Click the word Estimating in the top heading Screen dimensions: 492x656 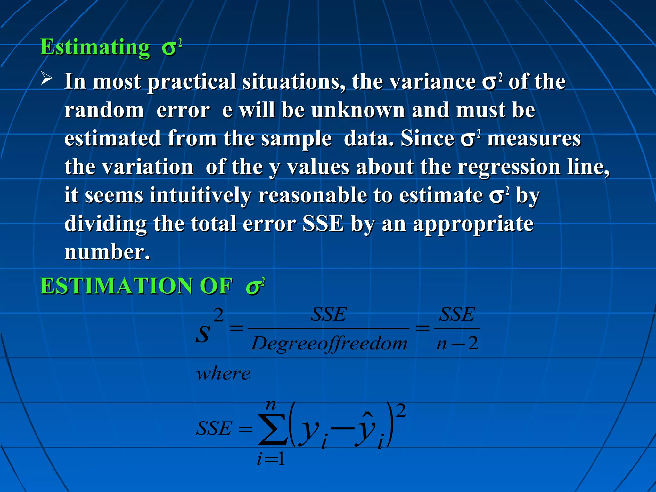pyautogui.click(x=95, y=47)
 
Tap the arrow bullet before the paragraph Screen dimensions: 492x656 pyautogui.click(x=47, y=78)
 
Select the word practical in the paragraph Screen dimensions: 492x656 pyautogui.click(x=191, y=82)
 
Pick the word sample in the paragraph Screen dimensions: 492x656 pyautogui.click(x=296, y=139)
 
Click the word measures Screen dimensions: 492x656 pyautogui.click(x=534, y=139)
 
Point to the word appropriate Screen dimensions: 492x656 pyautogui.click(x=473, y=224)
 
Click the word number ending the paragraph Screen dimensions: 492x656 pyautogui.click(x=107, y=252)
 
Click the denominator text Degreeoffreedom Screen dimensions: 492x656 pyautogui.click(x=329, y=344)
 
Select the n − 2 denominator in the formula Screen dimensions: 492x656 pyautogui.click(x=457, y=344)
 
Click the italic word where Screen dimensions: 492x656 pyautogui.click(x=224, y=373)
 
